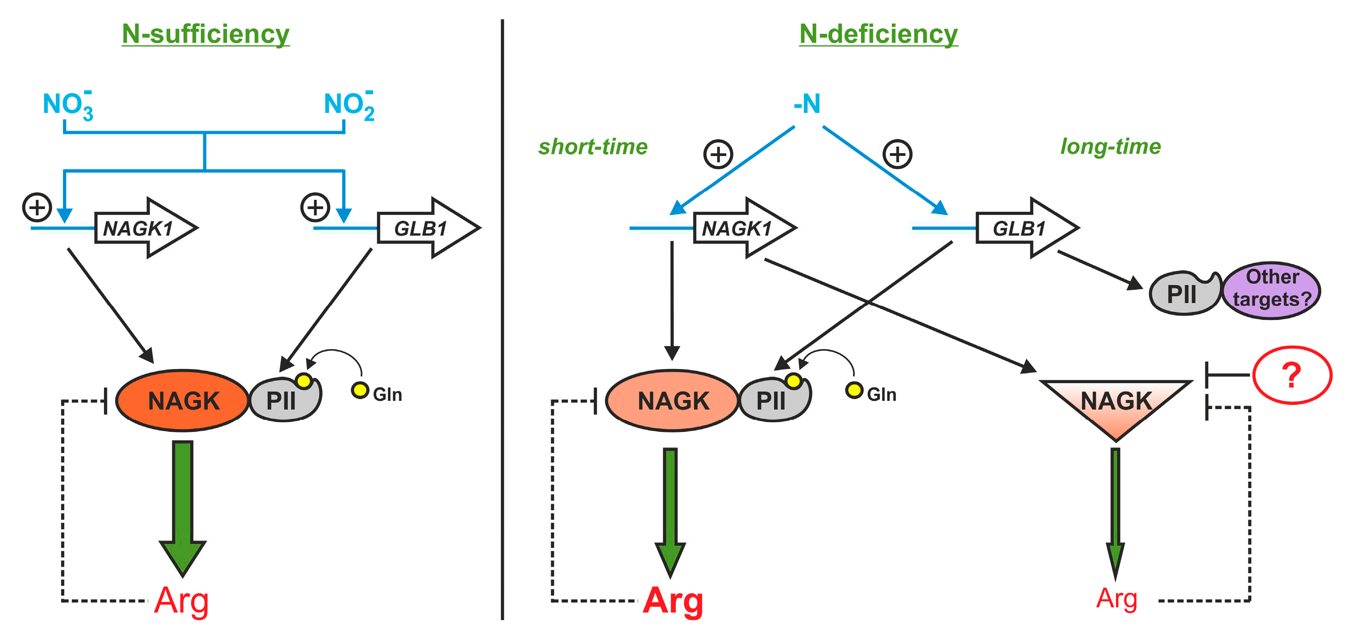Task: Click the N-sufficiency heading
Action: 205,34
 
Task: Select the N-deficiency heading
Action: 878,34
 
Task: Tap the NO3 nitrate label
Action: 67,105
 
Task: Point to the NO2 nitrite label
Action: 349,105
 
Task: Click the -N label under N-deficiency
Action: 807,104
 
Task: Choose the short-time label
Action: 593,147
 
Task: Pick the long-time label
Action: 1110,147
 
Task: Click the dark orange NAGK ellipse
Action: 183,400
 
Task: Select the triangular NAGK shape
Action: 1115,404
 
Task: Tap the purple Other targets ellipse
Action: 1271,289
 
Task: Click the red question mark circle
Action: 1292,375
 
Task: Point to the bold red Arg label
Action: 673,601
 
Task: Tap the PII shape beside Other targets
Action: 1183,294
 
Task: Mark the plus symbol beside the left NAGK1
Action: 37,207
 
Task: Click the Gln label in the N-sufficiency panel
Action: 387,394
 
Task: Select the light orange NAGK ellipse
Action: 673,400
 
